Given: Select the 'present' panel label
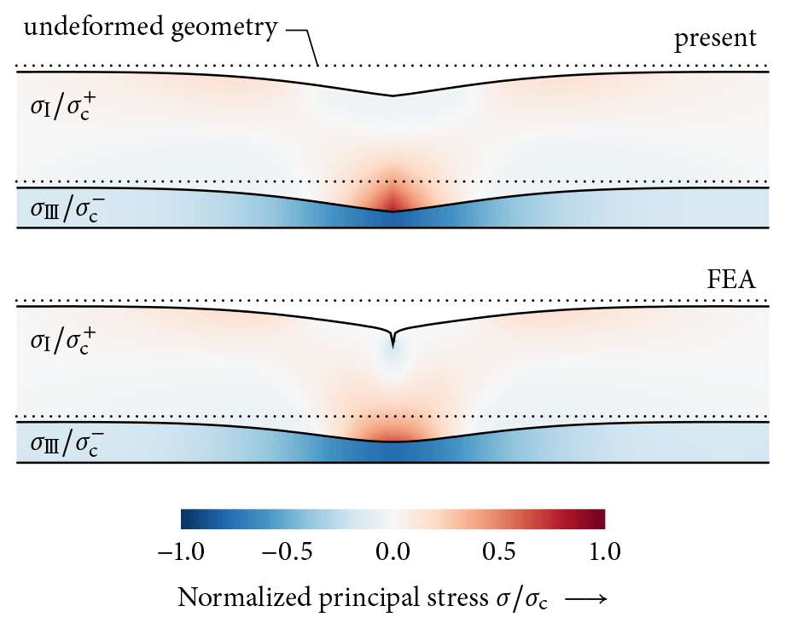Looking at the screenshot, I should (x=715, y=38).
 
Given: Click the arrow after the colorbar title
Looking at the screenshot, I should (x=584, y=599).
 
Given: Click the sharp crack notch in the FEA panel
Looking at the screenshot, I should (x=392, y=338).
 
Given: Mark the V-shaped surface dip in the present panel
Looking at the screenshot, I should (x=392, y=95).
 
